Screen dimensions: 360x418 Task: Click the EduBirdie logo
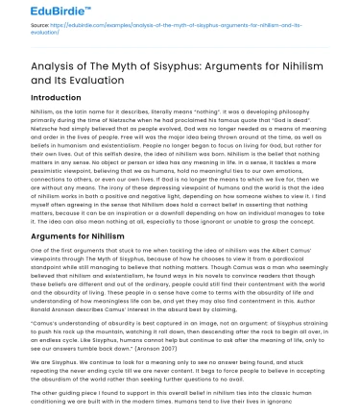pyautogui.click(x=37, y=12)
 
